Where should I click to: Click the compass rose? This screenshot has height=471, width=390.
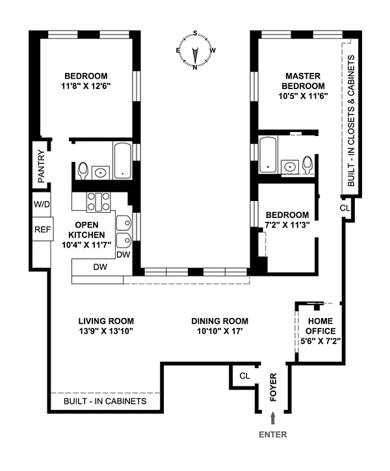tap(196, 50)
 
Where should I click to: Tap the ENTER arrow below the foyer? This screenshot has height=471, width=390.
tap(272, 418)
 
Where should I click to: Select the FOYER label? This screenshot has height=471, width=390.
tap(273, 387)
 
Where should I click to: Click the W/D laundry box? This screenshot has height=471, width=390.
tap(42, 204)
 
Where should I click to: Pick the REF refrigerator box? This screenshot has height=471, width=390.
tap(43, 229)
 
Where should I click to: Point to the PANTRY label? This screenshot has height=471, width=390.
tap(41, 166)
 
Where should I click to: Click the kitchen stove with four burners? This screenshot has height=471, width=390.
tap(98, 202)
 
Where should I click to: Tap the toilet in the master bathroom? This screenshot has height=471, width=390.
tap(307, 165)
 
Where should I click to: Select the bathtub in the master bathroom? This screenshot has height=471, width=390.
tap(268, 154)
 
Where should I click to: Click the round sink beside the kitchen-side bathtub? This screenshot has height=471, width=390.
tap(100, 172)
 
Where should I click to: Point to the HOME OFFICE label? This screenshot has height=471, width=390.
tap(320, 326)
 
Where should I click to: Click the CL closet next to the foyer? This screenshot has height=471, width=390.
tap(244, 376)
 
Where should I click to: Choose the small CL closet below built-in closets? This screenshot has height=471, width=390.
tap(344, 208)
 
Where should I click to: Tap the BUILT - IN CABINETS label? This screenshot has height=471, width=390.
tap(105, 401)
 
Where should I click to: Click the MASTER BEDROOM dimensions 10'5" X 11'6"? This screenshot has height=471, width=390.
tap(303, 96)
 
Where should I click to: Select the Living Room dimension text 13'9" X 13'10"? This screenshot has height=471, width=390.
tap(106, 331)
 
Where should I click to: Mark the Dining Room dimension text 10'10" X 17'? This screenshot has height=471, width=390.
tap(220, 331)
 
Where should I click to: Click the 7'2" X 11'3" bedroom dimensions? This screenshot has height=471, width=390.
tap(287, 224)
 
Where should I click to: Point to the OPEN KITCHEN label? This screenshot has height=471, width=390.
tap(86, 230)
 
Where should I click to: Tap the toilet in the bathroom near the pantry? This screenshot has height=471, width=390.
tap(83, 170)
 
